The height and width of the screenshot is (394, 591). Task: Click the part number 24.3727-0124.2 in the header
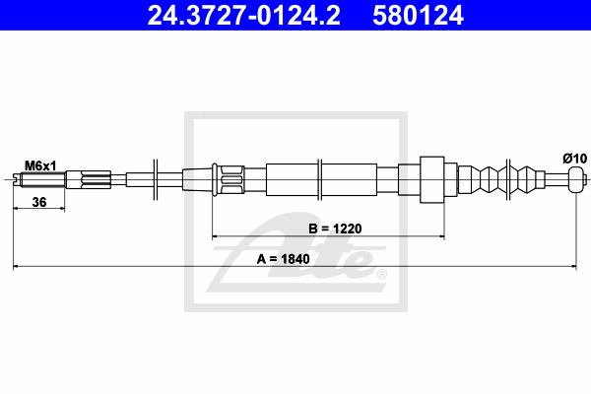[x=243, y=16]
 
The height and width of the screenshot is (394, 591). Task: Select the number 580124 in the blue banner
[x=418, y=16]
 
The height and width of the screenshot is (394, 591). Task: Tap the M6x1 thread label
[x=40, y=165]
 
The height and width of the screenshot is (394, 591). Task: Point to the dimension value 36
[x=39, y=202]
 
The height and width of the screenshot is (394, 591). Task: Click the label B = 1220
[x=335, y=229]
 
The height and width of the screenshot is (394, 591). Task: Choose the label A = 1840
[x=283, y=259]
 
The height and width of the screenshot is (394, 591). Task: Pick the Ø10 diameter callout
[x=575, y=159]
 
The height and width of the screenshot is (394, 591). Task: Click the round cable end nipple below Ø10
[x=576, y=179]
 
